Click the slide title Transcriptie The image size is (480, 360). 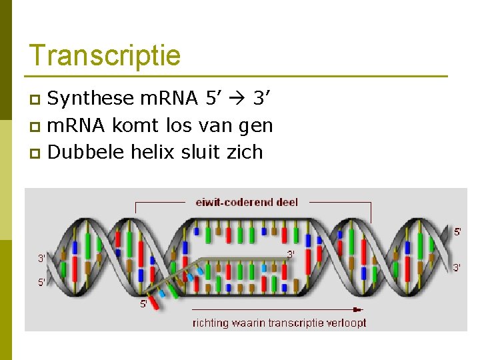click(105, 55)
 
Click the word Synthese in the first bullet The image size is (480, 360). click(91, 99)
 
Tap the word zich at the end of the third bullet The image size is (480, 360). click(245, 152)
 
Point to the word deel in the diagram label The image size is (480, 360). click(286, 202)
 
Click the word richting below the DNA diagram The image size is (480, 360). click(211, 323)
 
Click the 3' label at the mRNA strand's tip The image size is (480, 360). click(291, 254)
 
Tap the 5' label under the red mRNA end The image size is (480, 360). click(143, 304)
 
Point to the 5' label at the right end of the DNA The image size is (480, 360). click(457, 232)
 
